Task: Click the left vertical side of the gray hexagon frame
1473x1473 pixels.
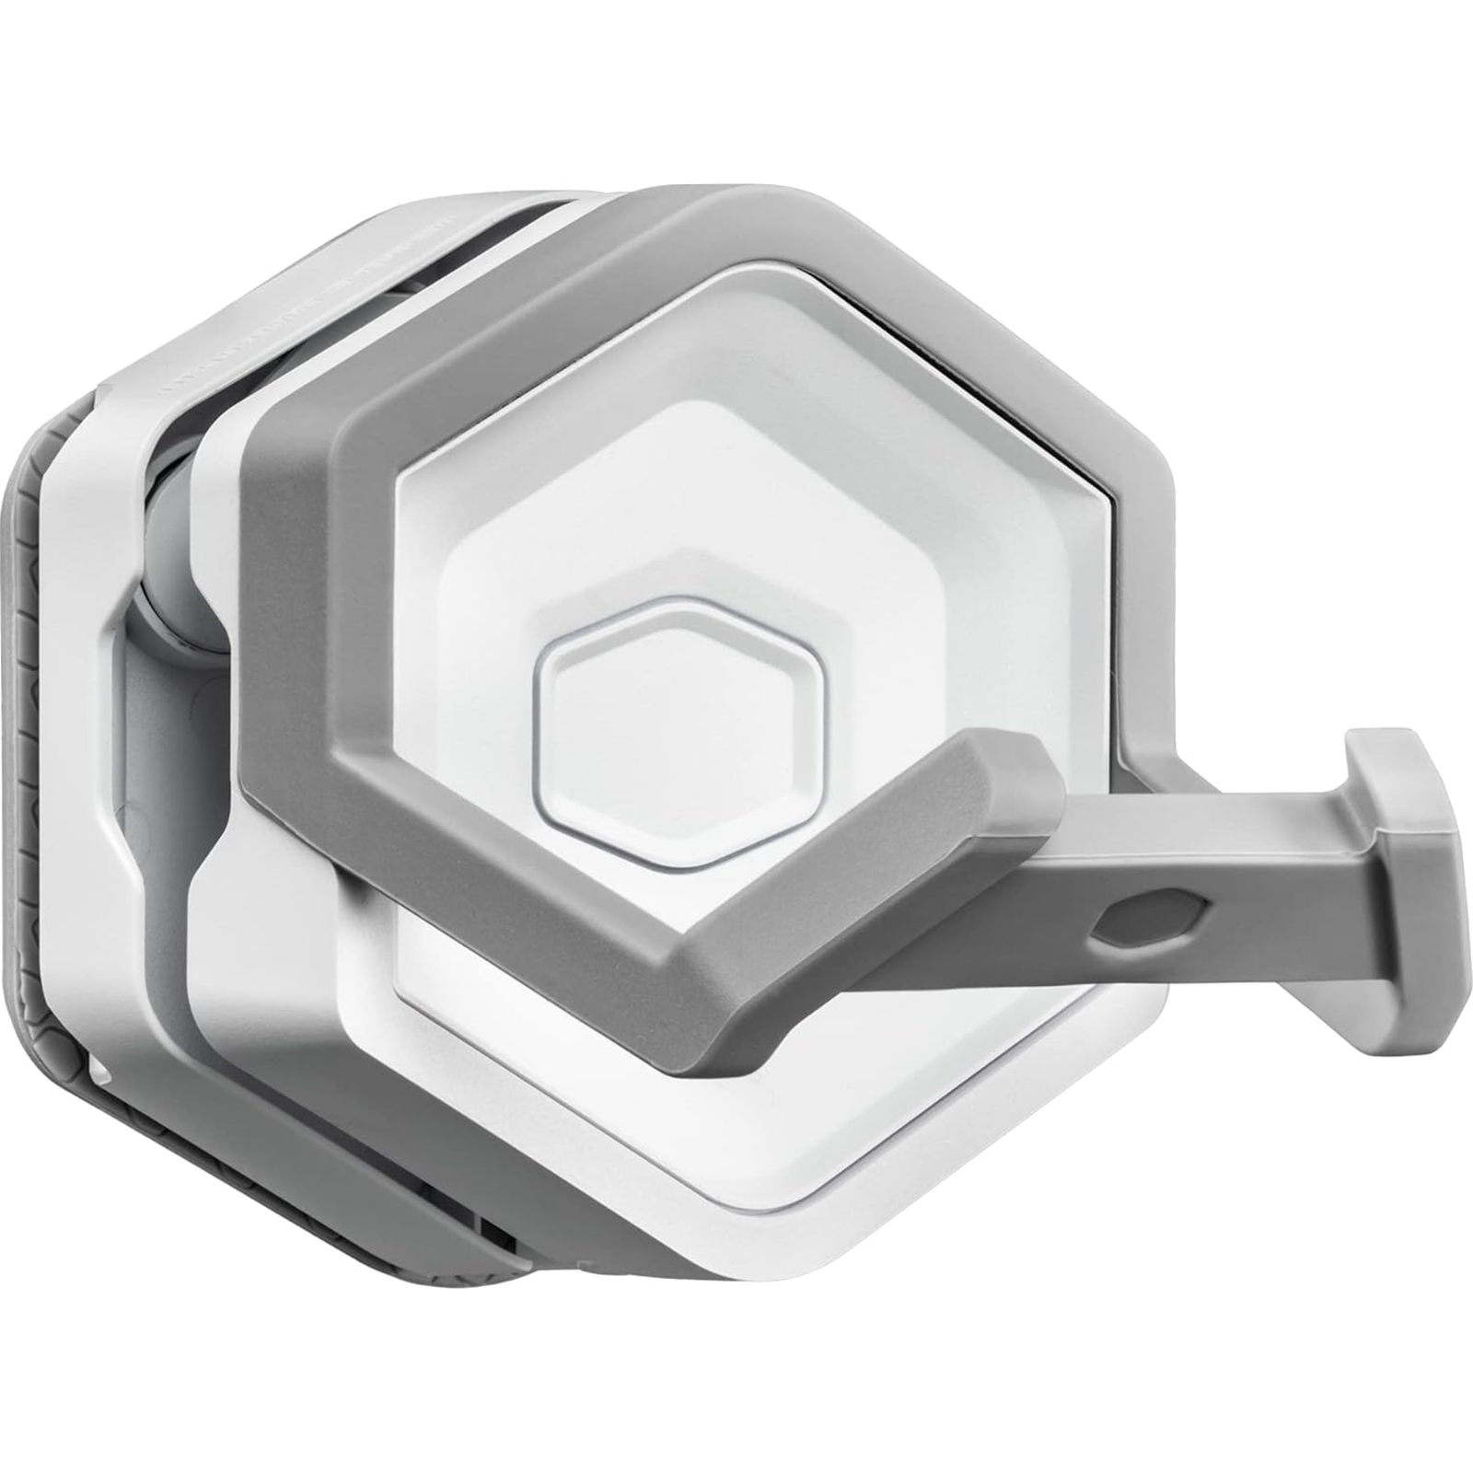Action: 281,589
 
